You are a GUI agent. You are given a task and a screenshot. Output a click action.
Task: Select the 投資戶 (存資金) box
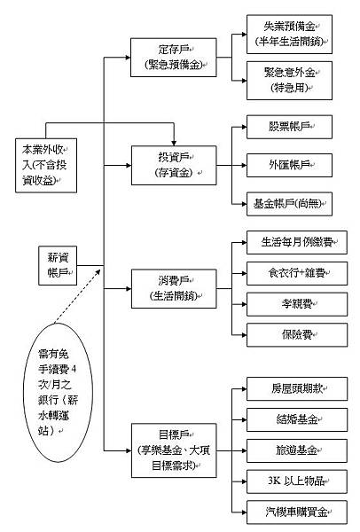coord(174,163)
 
